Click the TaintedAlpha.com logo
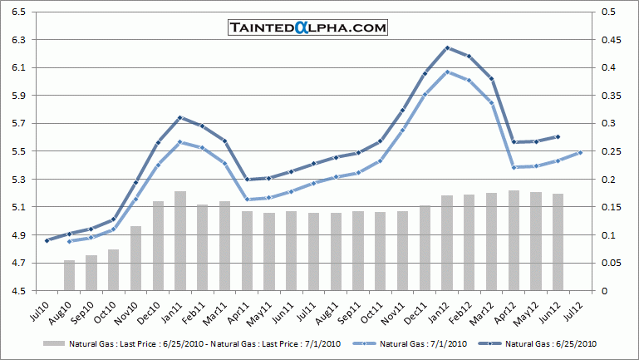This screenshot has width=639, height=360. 308,27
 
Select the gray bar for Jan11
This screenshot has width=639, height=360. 179,241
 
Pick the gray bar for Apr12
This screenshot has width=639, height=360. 514,240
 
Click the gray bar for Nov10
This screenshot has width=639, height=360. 135,258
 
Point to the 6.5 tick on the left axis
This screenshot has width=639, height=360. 18,12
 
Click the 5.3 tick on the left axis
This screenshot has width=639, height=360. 18,180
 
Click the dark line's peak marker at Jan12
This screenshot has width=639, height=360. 448,47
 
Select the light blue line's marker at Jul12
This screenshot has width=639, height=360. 580,152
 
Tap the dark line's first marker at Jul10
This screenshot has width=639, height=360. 47,240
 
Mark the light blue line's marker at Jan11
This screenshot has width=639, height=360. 179,141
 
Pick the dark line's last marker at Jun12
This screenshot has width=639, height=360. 558,136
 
